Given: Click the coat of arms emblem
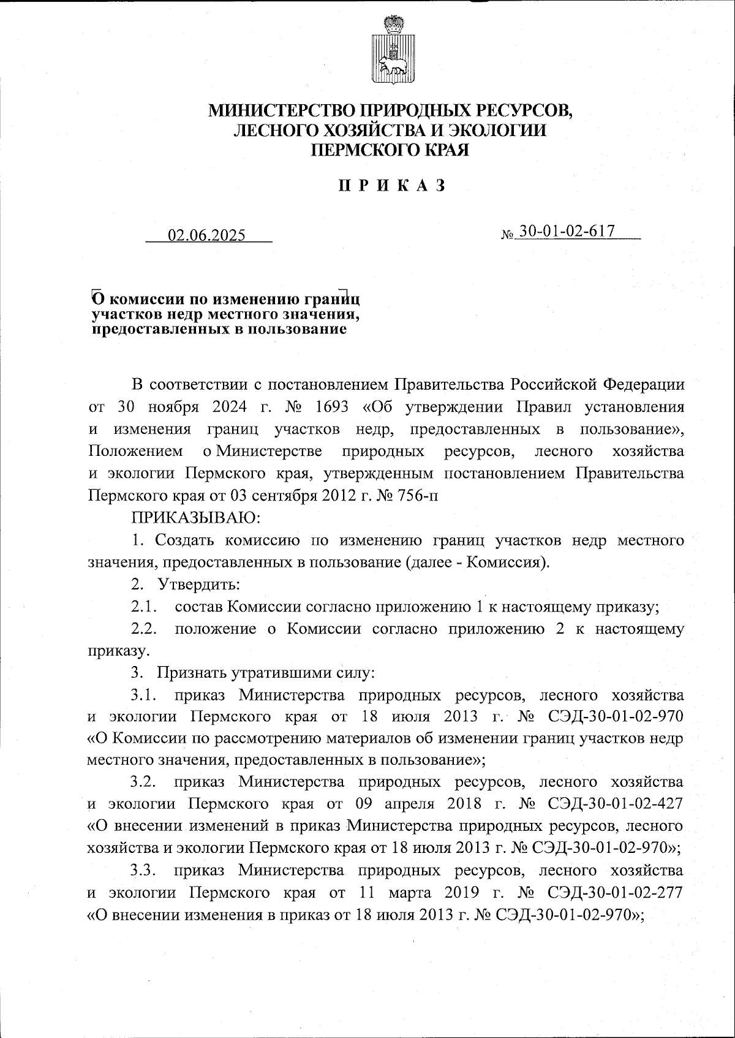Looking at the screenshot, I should [x=391, y=53].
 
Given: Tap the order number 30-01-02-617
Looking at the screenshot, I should [x=567, y=232].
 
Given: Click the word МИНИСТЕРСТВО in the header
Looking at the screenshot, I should [x=281, y=111].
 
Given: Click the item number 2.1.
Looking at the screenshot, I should [x=145, y=607].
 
